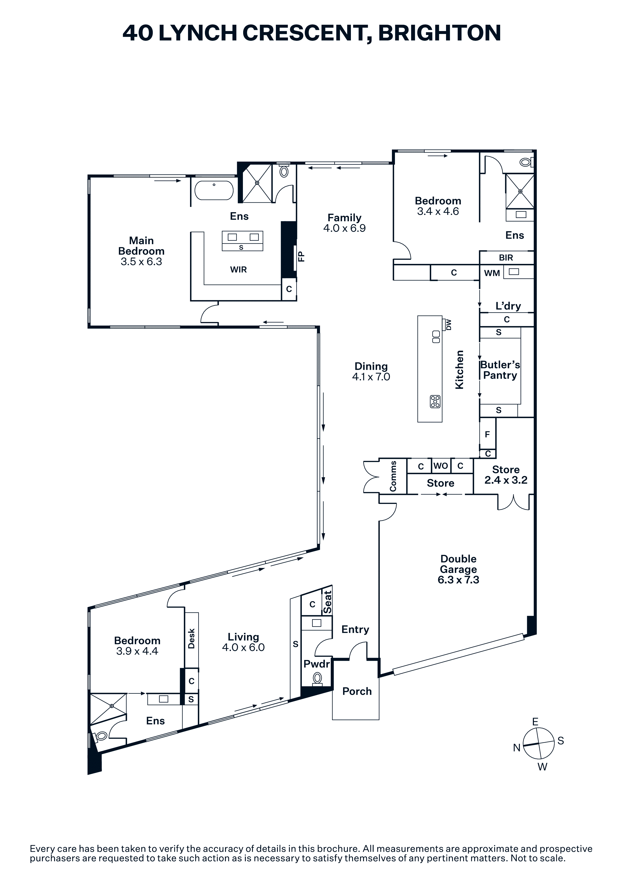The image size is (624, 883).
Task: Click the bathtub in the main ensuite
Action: tap(214, 190)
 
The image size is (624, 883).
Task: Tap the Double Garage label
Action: tap(458, 564)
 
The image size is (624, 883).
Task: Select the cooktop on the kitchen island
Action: tap(435, 401)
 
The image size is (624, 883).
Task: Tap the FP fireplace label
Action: tap(301, 256)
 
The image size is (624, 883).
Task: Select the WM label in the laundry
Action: tap(492, 273)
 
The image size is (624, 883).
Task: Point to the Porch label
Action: tap(357, 691)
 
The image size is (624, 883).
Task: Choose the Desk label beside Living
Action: tap(192, 638)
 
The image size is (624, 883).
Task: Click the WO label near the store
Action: tap(441, 466)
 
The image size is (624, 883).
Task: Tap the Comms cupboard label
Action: tap(393, 476)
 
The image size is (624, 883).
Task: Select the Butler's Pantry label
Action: tap(500, 370)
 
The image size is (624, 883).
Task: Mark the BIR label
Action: tap(506, 258)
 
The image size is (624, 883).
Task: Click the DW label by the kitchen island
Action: tap(449, 325)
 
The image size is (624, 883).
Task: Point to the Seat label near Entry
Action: tap(327, 602)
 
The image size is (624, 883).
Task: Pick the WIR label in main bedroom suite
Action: tap(238, 270)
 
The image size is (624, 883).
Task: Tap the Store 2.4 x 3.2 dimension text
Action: tap(506, 480)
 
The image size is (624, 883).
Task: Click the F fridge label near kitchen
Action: tap(487, 434)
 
